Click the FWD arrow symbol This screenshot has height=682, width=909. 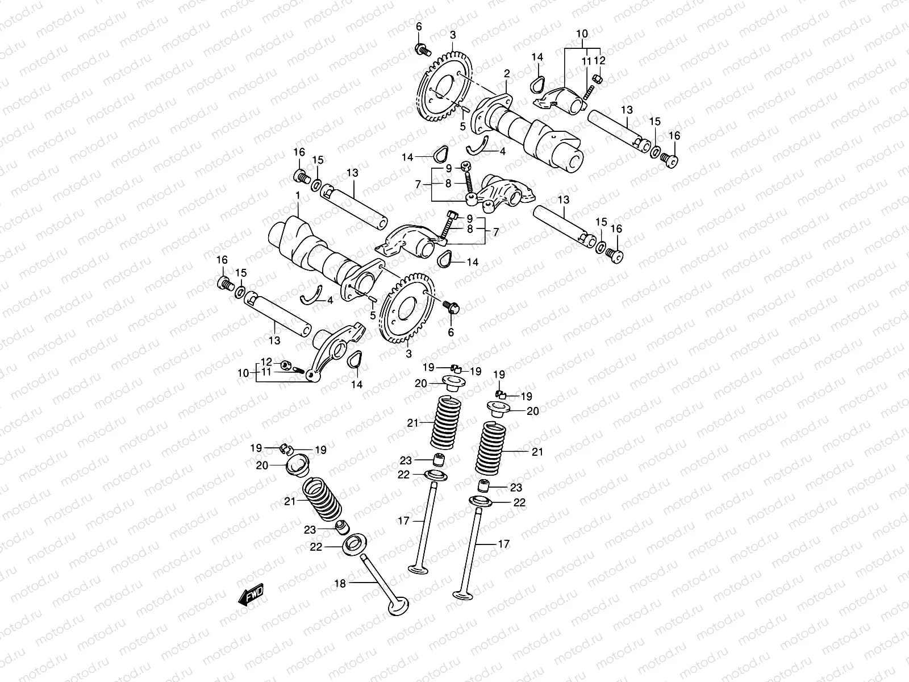point(251,594)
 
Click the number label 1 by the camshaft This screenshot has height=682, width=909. point(297,196)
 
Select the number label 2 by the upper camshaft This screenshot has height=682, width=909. point(507,73)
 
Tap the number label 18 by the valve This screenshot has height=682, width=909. point(340,583)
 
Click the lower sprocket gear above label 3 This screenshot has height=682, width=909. point(407,310)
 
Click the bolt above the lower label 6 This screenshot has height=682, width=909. point(452,307)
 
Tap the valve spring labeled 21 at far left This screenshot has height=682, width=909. point(322,499)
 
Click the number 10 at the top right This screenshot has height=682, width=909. point(582,34)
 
